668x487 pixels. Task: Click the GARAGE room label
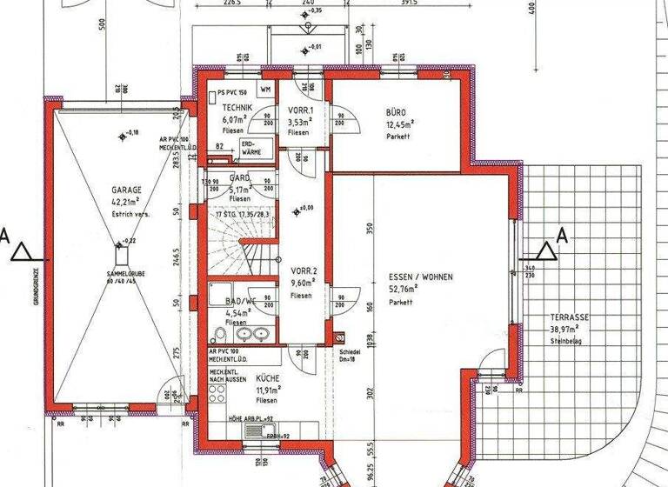(x=126, y=189)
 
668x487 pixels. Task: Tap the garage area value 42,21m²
(x=127, y=202)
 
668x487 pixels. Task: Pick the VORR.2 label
(x=304, y=270)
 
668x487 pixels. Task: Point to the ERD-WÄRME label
(x=250, y=149)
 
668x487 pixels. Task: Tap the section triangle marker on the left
(x=23, y=252)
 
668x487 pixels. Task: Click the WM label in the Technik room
(x=265, y=89)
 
